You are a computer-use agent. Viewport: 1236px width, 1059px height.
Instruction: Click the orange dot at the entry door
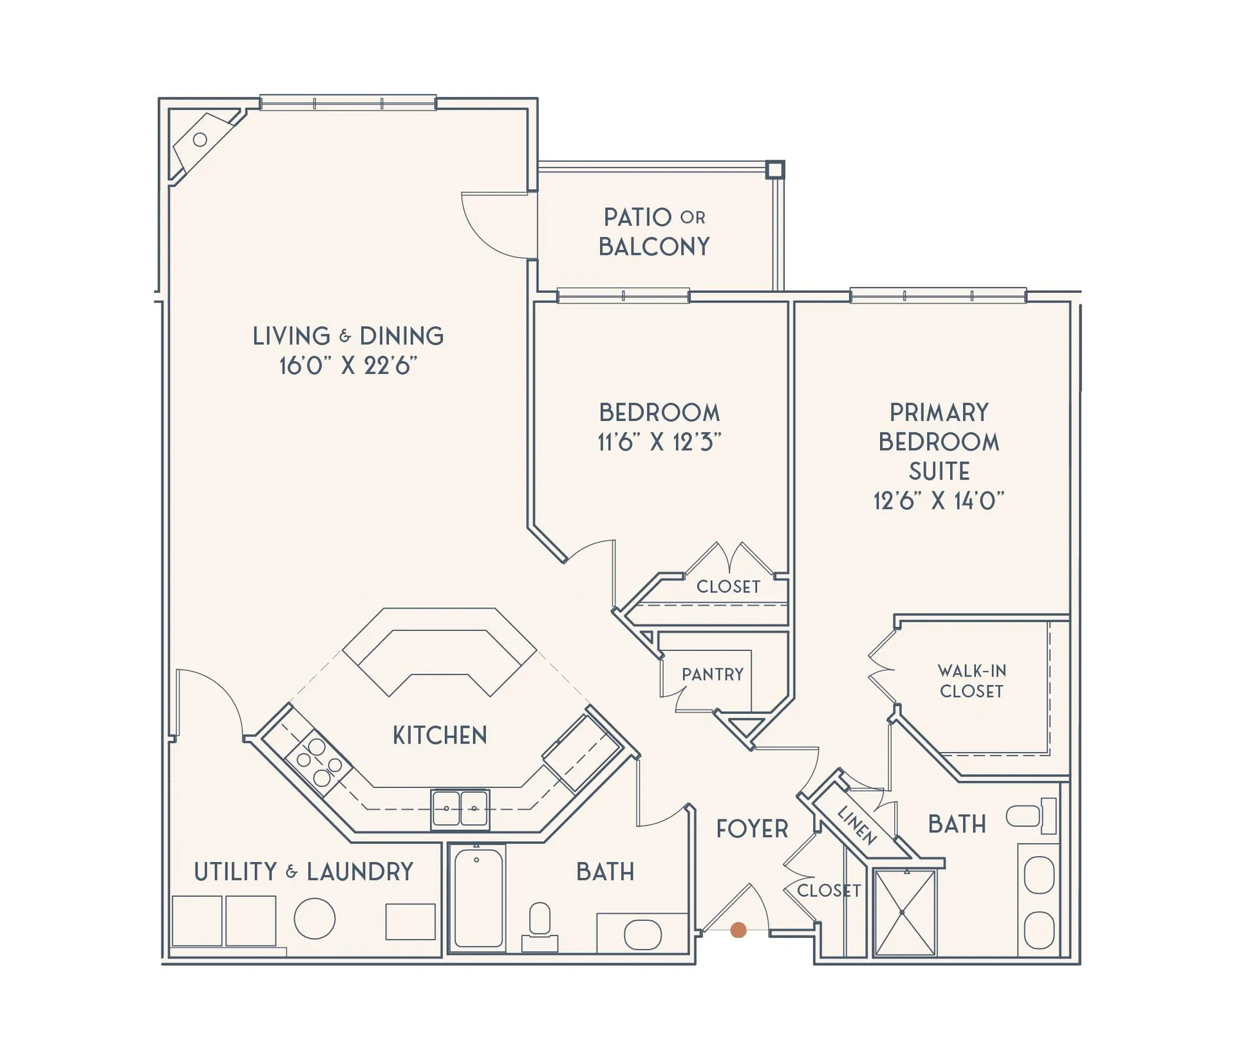click(739, 930)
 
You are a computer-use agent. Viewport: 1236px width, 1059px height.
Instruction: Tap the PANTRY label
click(713, 674)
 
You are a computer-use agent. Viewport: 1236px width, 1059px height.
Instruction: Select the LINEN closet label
click(857, 825)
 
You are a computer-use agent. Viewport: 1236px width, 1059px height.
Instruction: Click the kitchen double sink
click(460, 809)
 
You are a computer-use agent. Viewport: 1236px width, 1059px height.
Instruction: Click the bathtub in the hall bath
click(478, 899)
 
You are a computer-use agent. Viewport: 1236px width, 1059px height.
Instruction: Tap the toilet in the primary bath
click(1031, 816)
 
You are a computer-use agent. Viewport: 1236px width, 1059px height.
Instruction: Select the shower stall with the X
click(904, 912)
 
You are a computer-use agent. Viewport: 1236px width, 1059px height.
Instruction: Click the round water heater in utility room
click(314, 919)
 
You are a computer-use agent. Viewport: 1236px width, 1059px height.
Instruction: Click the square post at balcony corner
click(775, 169)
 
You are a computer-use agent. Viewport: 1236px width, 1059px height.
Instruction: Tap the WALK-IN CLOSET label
click(971, 681)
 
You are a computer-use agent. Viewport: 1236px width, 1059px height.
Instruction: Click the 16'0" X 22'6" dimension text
click(348, 366)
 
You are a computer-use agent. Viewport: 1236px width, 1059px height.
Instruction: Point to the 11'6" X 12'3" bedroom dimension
click(659, 442)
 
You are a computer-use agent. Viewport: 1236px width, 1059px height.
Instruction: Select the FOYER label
click(752, 829)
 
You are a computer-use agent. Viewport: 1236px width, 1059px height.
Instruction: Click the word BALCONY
click(654, 247)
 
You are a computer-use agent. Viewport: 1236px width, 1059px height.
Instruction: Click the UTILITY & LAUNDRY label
click(303, 872)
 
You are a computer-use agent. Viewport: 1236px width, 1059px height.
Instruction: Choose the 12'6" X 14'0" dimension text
click(939, 500)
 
